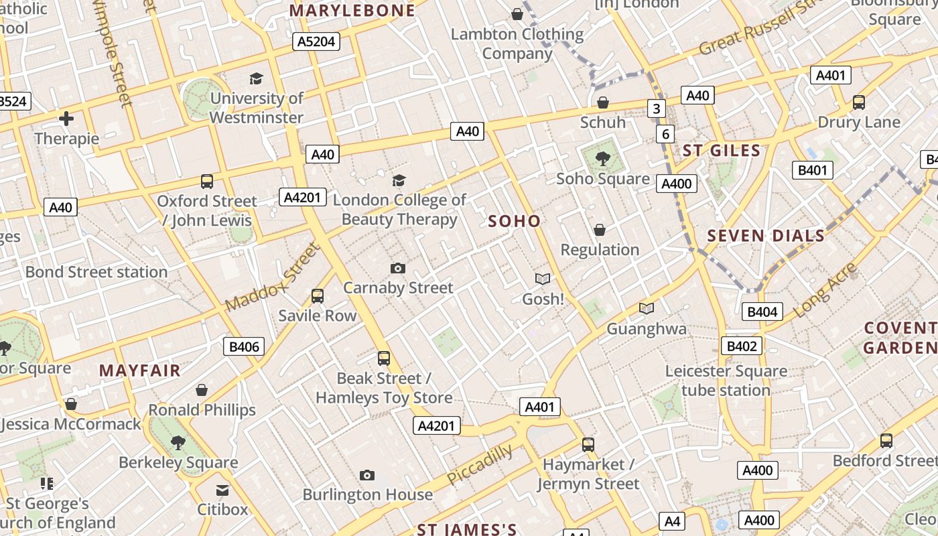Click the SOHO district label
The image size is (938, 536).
514,221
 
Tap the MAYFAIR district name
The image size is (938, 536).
140,371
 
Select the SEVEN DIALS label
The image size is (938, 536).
766,236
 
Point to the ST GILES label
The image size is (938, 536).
722,150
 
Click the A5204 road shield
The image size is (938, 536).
316,42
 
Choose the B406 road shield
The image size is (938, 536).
243,346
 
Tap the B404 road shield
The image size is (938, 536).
762,311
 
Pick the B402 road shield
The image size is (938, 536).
742,346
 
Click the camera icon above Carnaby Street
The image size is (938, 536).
398,269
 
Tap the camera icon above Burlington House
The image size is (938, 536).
366,475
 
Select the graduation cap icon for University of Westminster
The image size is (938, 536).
256,79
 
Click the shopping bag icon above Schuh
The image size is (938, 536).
603,103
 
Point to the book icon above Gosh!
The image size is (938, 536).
542,279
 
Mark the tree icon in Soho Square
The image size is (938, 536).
603,159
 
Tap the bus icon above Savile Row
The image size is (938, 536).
318,295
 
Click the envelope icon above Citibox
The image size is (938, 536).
222,490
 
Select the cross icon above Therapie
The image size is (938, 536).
66,119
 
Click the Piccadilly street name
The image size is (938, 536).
480,464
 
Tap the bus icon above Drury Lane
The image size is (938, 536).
859,103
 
